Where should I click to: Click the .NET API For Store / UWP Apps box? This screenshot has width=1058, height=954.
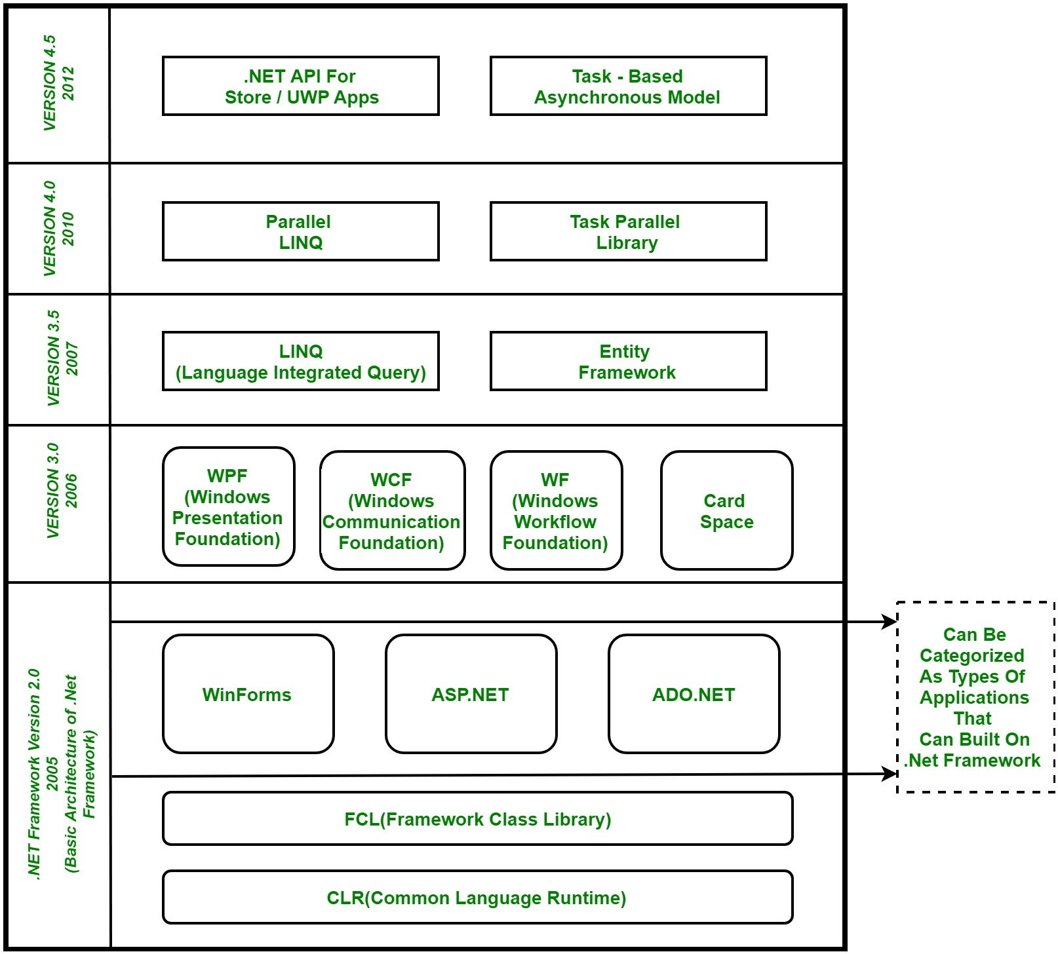coord(301,86)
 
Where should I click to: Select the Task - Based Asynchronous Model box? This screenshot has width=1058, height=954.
coord(628,86)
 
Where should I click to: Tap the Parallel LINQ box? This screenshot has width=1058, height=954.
coord(301,231)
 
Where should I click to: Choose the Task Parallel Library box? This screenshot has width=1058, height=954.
coord(628,231)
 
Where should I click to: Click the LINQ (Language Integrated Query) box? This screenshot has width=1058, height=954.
coord(301,361)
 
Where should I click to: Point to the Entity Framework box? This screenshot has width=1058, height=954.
coord(628,361)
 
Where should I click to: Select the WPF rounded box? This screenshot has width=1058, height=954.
coord(228,506)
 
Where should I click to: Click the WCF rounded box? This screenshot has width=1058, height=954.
coord(392,510)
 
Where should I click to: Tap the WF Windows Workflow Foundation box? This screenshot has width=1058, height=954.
coord(556,510)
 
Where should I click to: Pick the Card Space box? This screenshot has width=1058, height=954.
coord(726,510)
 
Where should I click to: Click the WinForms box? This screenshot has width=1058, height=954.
coord(248,694)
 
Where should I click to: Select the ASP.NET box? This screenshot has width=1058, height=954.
coord(471,694)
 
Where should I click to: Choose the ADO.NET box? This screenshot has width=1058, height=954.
coord(694,694)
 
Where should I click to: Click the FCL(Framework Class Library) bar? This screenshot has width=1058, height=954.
coord(477,818)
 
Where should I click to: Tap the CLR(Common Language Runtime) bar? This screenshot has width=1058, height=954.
coord(477,897)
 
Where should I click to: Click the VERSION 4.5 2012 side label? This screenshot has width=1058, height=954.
coord(58,83)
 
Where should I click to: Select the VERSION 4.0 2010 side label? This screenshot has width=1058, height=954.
coord(58,229)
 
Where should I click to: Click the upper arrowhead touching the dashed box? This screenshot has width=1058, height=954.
coord(890,622)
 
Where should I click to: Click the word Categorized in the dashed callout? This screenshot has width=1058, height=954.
coord(971,655)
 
